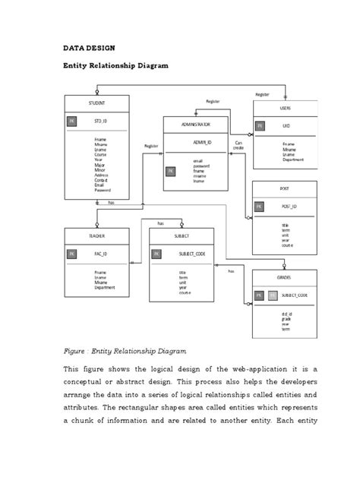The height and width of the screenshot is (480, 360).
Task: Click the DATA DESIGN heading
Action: [x=87, y=46]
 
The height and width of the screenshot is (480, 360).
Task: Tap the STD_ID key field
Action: [x=101, y=121]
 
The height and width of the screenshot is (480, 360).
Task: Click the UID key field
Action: [x=286, y=125]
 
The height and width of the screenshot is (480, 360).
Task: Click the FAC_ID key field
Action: [x=99, y=254]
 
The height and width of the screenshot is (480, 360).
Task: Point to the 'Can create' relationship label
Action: [x=238, y=145]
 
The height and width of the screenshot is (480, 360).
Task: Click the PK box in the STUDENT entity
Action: [x=71, y=121]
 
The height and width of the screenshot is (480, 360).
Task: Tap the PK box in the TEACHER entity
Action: [x=71, y=254]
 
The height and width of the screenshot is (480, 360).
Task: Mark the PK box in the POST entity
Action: [x=259, y=206]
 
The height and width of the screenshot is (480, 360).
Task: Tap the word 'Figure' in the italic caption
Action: [x=74, y=351]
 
